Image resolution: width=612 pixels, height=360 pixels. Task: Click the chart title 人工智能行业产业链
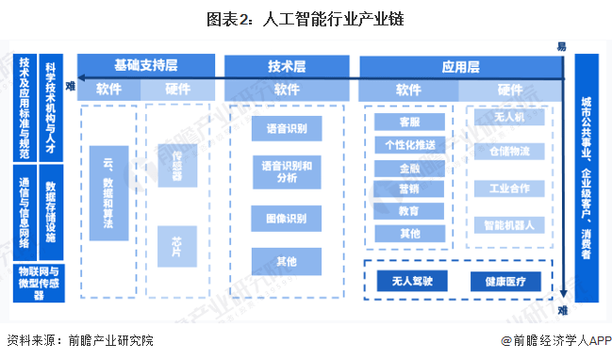click(306, 19)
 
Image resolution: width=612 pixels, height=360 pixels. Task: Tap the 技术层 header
click(287, 66)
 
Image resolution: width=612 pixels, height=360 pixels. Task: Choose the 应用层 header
click(460, 66)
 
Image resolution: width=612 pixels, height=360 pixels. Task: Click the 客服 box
click(408, 123)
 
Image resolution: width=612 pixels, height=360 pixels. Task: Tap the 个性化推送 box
click(408, 145)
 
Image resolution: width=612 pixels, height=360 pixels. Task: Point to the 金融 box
click(408, 167)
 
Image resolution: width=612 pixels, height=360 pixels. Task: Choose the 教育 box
click(408, 211)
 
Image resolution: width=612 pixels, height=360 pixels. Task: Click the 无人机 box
click(509, 118)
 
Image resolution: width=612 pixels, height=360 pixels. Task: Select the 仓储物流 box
click(509, 151)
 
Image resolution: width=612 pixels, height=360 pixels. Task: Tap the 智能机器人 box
click(509, 225)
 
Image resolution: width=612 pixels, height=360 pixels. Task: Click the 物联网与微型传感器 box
click(38, 282)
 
